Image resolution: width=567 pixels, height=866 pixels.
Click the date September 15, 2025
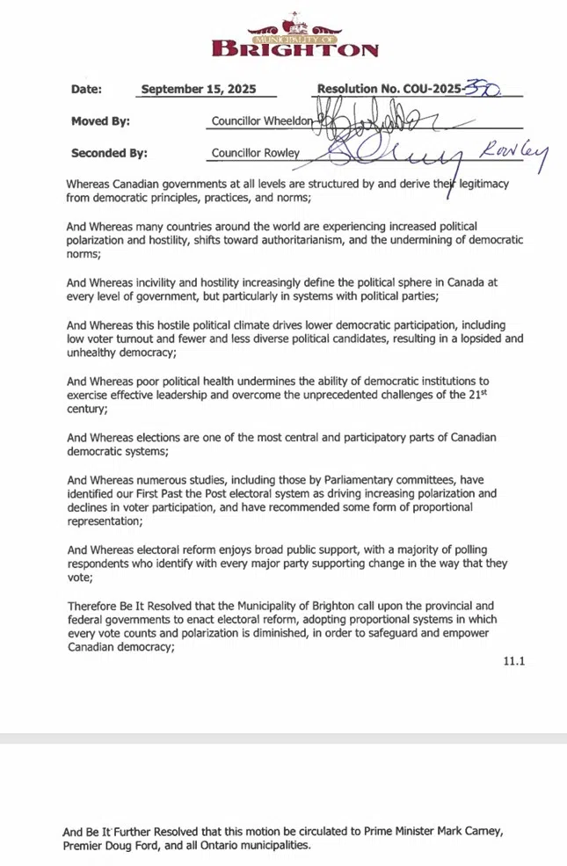[207, 90]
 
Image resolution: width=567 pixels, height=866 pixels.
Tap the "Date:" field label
[86, 90]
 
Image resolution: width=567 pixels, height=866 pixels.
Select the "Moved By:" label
[100, 121]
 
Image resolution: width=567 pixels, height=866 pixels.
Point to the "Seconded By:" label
[109, 153]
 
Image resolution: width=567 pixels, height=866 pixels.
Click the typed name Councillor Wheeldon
[262, 121]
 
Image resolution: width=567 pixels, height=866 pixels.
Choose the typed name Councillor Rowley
[256, 153]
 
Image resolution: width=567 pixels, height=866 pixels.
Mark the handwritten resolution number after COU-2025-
[483, 88]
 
